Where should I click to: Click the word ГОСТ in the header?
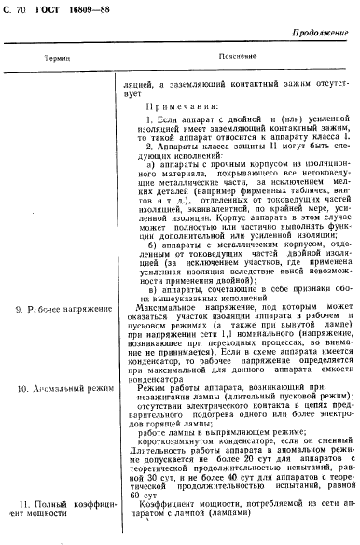click(x=47, y=10)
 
